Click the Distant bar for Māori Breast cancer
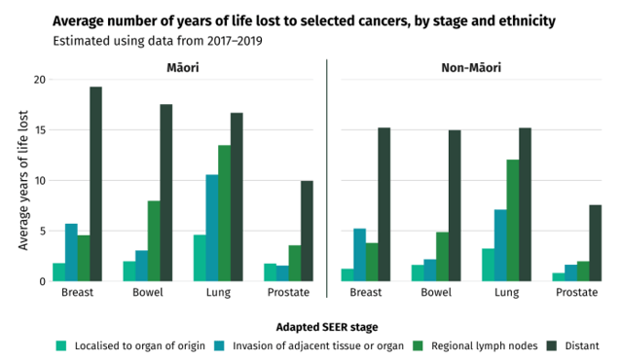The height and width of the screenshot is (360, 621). pyautogui.click(x=95, y=184)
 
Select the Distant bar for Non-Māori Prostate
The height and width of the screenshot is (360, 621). pyautogui.click(x=595, y=243)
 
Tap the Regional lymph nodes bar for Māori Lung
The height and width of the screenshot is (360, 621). pyautogui.click(x=224, y=213)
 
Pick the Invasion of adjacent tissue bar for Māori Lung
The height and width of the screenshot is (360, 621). pyautogui.click(x=211, y=228)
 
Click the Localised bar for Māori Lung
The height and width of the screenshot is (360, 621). pyautogui.click(x=200, y=258)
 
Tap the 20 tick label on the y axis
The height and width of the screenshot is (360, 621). pyautogui.click(x=39, y=80)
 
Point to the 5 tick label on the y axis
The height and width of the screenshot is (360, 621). pyautogui.click(x=42, y=232)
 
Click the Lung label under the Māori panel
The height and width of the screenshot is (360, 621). pyautogui.click(x=217, y=292)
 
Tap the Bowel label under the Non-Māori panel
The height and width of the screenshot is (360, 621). pyautogui.click(x=436, y=292)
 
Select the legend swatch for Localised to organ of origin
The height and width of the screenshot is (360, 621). pyautogui.click(x=62, y=344)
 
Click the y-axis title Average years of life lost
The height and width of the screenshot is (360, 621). pyautogui.click(x=23, y=180)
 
